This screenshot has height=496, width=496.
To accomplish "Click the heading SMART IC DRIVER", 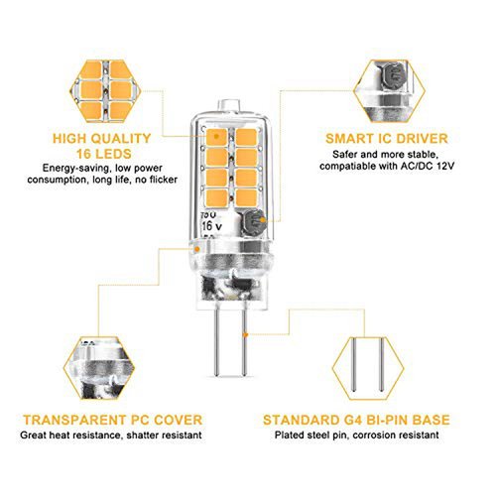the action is pos(387,139).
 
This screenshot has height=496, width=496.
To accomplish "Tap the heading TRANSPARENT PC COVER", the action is pos(113,420).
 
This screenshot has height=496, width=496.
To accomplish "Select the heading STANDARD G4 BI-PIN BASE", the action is pos(356,420).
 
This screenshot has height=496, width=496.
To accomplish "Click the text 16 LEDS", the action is pos(104,154).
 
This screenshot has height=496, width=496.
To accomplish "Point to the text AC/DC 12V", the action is pos(428,166).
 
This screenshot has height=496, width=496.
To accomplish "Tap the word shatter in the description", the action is pos(144,434).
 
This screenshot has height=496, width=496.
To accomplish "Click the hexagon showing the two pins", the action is pos(368,368).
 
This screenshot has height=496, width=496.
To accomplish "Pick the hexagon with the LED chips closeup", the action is pos(105,91).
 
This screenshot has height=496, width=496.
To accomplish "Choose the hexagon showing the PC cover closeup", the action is pos(99,368).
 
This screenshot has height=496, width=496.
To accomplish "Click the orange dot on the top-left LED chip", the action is pos(216,136).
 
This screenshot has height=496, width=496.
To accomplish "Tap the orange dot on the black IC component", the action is pos(262,220).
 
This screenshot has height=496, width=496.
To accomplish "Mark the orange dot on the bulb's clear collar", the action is pos(197,249).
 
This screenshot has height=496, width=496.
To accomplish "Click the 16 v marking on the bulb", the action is pos(212,226).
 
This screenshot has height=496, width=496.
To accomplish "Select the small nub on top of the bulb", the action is pos(228,106).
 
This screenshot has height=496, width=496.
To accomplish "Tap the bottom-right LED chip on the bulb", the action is pos(246,197).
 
